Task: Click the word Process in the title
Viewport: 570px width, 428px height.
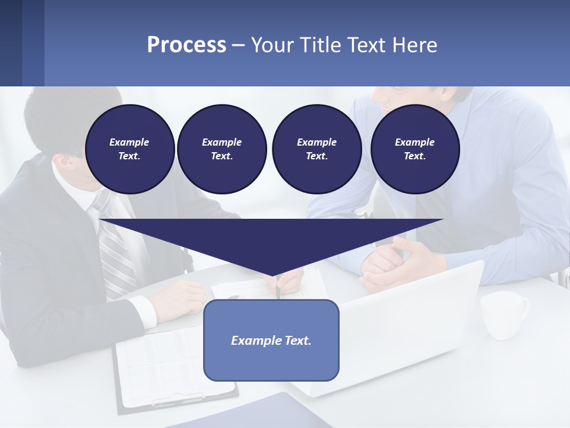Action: pyautogui.click(x=186, y=45)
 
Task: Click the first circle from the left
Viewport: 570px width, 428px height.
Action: pyautogui.click(x=129, y=149)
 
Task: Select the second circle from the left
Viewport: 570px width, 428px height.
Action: pyautogui.click(x=221, y=149)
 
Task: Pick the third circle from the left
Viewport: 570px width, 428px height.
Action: pyautogui.click(x=316, y=149)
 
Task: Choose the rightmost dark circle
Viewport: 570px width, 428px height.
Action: pyautogui.click(x=415, y=149)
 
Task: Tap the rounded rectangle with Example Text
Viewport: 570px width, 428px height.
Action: pyautogui.click(x=271, y=340)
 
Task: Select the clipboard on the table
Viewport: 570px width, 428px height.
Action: pyautogui.click(x=172, y=369)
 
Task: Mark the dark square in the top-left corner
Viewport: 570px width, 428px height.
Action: pyautogui.click(x=11, y=43)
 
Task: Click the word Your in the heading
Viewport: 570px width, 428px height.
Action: pyautogui.click(x=272, y=45)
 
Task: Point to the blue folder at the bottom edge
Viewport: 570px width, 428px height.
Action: pyautogui.click(x=249, y=413)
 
